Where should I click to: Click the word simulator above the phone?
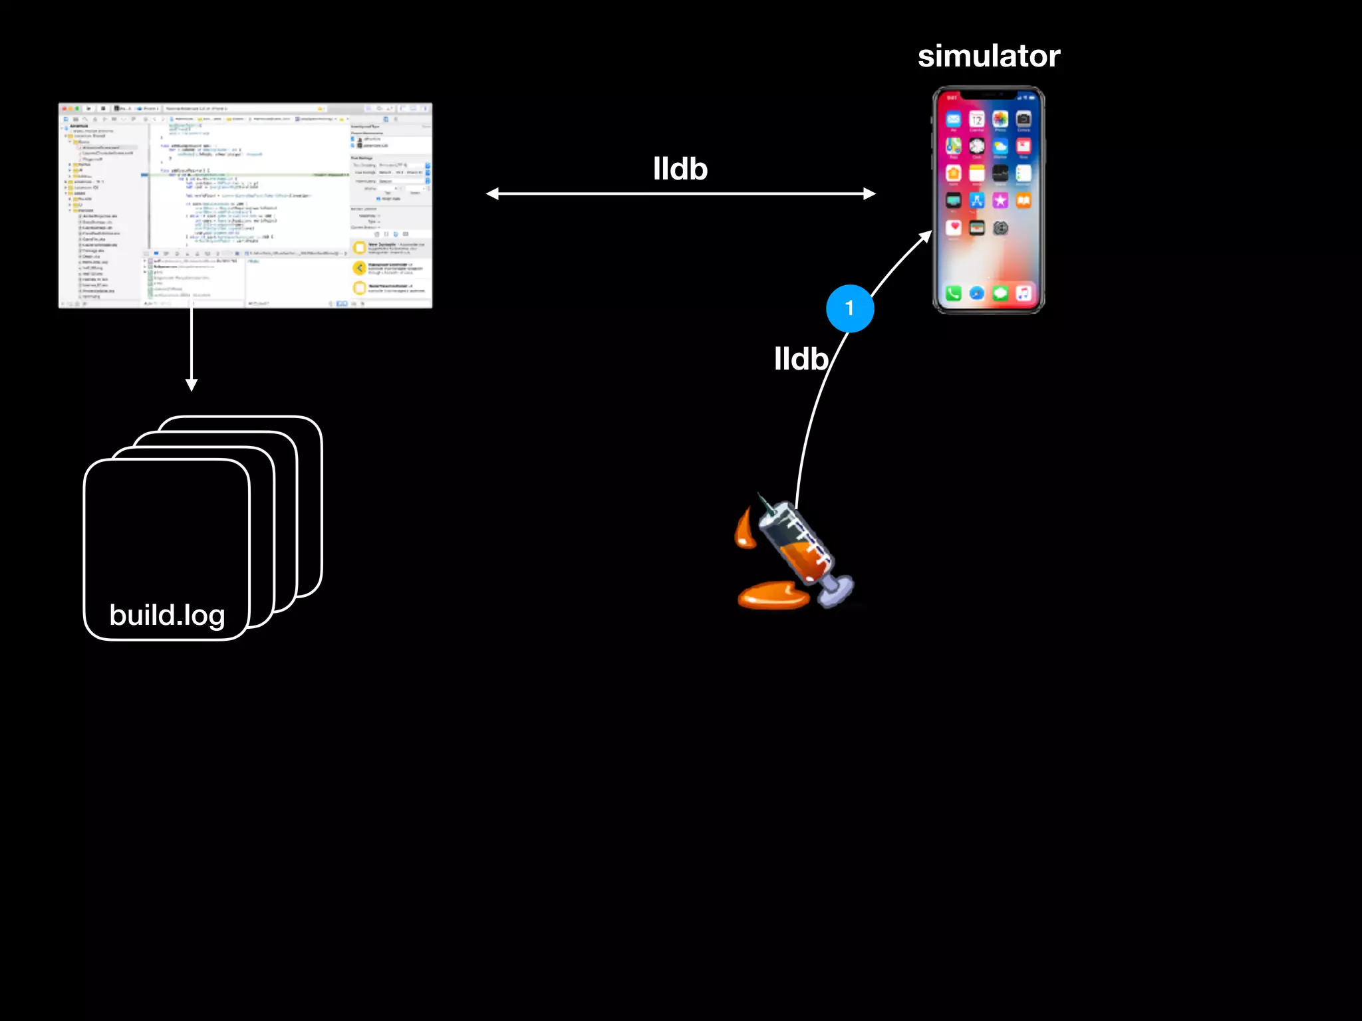tap(989, 56)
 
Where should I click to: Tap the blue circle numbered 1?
tap(850, 308)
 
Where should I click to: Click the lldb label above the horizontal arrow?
tap(680, 169)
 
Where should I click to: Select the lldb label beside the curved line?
tap(801, 359)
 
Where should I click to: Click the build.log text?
tap(167, 615)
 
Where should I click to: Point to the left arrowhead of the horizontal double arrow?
tap(493, 193)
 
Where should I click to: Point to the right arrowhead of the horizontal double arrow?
tap(869, 193)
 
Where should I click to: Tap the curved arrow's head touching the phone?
tap(925, 236)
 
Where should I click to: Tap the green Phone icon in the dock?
tap(954, 293)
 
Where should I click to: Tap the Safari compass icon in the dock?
tap(977, 293)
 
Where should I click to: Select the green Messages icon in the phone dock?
tap(1000, 293)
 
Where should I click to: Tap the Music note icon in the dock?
tap(1023, 293)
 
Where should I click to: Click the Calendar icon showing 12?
tap(977, 120)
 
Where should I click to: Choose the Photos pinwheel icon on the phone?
tap(1000, 120)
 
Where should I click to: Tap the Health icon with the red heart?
tap(954, 228)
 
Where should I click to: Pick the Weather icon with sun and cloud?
tap(1000, 146)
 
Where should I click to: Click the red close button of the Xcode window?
tap(65, 108)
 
